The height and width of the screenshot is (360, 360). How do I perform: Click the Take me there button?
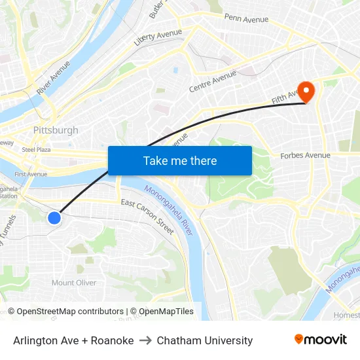coord(180,160)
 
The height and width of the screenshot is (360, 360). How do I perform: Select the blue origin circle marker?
coord(54,218)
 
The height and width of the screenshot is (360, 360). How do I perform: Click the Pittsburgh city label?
coord(56,130)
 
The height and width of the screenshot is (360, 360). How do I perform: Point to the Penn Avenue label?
coord(246,18)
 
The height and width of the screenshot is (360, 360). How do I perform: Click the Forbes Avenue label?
coord(305,156)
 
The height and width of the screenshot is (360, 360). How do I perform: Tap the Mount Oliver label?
coord(74,283)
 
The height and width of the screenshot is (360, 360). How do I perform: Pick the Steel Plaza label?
coord(36,150)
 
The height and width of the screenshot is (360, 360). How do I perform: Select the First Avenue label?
coord(31,174)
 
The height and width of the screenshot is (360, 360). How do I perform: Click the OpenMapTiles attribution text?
coord(166,312)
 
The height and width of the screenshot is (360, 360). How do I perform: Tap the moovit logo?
coord(320,340)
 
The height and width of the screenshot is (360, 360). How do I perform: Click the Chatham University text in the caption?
coord(204,340)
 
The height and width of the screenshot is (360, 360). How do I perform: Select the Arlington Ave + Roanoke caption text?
coord(73,340)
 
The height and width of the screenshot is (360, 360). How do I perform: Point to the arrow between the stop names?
coord(145,340)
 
